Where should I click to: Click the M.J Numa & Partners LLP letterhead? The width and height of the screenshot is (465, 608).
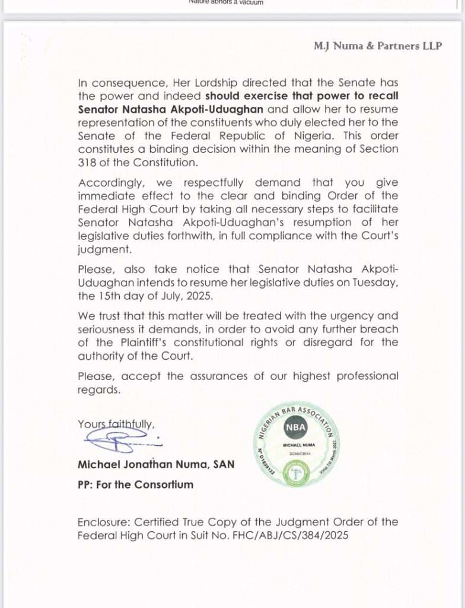coord(378,46)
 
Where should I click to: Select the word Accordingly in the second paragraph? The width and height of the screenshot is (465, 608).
coord(107,183)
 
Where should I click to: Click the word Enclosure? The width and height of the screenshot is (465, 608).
coord(103,522)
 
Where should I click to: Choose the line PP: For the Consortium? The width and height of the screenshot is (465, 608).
coord(135,484)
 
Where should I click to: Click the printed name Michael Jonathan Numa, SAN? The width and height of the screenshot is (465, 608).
coord(155,464)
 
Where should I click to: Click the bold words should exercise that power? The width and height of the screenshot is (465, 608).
coord(274,96)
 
